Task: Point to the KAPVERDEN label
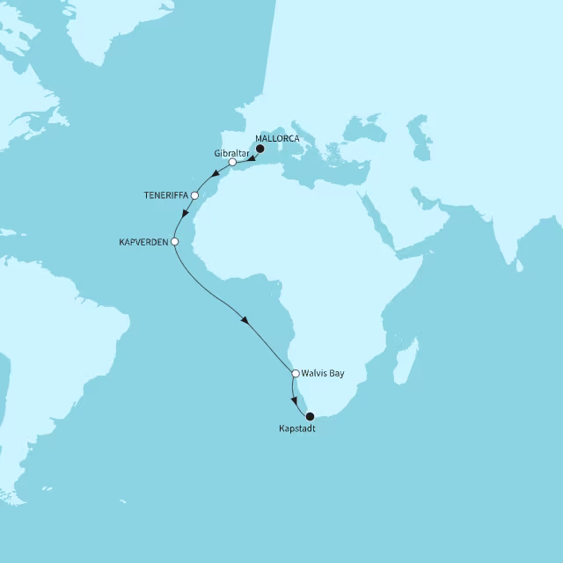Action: pyautogui.click(x=143, y=241)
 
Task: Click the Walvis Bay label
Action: pyautogui.click(x=323, y=373)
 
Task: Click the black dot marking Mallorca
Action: pyautogui.click(x=260, y=150)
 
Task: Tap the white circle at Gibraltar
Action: pyautogui.click(x=232, y=163)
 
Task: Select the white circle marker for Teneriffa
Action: pyautogui.click(x=195, y=194)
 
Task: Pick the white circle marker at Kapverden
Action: pyautogui.click(x=174, y=241)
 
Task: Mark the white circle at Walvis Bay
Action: pyautogui.click(x=296, y=373)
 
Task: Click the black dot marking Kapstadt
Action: pyautogui.click(x=309, y=416)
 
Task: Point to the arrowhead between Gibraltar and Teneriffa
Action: pyautogui.click(x=216, y=173)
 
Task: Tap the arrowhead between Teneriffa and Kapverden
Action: pyautogui.click(x=184, y=215)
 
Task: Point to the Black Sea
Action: pyautogui.click(x=369, y=128)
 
